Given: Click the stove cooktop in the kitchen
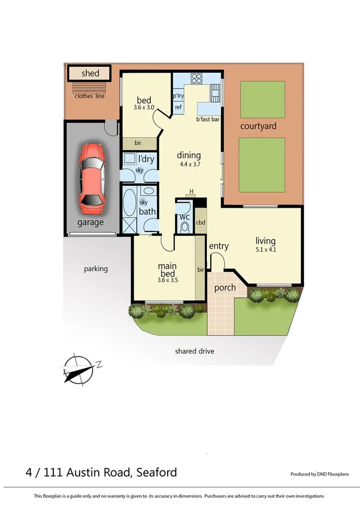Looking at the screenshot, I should click(196, 78).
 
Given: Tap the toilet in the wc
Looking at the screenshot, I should click(185, 226).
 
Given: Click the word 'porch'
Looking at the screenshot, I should click(225, 287).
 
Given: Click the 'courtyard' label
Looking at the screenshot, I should click(258, 126).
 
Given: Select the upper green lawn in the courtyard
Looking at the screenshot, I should click(263, 99).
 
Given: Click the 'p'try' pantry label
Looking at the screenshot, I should click(178, 96).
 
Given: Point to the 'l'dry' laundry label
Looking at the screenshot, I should click(146, 159).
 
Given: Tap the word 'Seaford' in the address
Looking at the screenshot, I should click(157, 472).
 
